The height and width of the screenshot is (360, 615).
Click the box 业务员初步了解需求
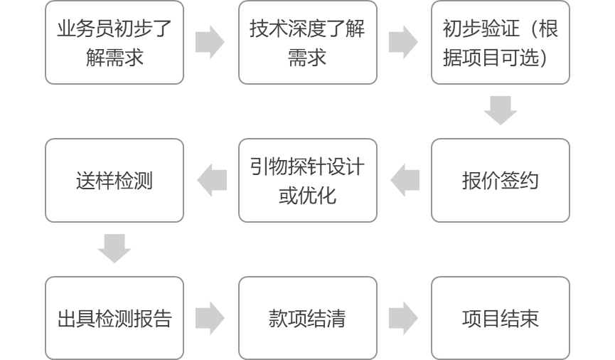click(x=114, y=43)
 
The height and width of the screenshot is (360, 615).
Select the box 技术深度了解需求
click(x=307, y=43)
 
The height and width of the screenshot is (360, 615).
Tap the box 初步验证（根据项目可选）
click(x=501, y=43)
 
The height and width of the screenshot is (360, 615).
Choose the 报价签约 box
click(x=501, y=180)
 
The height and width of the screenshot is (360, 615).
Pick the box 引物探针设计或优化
click(x=307, y=180)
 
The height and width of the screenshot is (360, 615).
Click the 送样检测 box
click(x=114, y=180)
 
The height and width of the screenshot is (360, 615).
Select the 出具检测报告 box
click(x=114, y=317)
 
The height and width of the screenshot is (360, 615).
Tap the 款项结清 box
click(x=307, y=317)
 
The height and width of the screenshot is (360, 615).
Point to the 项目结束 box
click(x=501, y=317)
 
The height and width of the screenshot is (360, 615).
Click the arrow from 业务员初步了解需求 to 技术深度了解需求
click(x=210, y=43)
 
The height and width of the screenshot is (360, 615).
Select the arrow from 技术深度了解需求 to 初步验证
click(x=404, y=43)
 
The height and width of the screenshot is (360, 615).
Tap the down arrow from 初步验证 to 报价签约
click(x=501, y=110)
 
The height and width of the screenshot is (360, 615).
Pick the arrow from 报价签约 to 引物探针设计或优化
click(x=405, y=180)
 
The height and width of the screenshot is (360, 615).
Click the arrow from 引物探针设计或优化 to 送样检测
click(x=211, y=180)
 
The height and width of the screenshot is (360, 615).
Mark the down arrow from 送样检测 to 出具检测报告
click(x=114, y=248)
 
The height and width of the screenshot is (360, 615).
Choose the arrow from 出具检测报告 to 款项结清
click(x=210, y=317)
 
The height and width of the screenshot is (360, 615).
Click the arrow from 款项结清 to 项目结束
click(x=404, y=317)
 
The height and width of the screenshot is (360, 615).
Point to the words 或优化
click(x=307, y=195)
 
